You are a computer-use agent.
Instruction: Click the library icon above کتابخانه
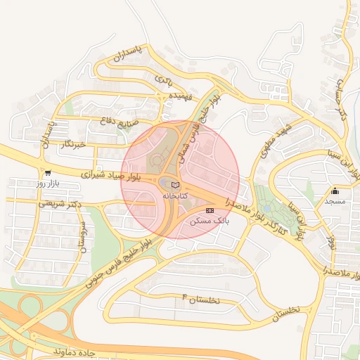[175, 184]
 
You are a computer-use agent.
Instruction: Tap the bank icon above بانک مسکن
[210, 210]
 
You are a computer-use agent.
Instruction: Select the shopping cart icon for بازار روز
[47, 172]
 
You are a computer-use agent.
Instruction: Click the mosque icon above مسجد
[335, 191]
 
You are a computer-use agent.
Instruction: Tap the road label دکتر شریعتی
[79, 205]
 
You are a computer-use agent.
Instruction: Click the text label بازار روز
[50, 184]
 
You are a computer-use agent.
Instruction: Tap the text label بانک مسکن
[210, 221]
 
